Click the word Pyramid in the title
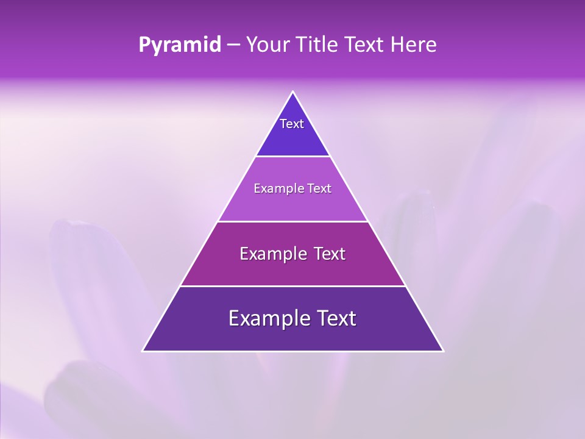[x=180, y=45]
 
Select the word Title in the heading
[x=319, y=45]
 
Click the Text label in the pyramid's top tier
[x=292, y=124]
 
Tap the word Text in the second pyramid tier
[x=319, y=189]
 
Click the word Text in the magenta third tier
[x=330, y=254]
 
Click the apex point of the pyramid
[x=293, y=92]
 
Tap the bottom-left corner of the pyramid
[x=143, y=351]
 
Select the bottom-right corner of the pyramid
[x=442, y=351]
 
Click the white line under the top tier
[x=293, y=157]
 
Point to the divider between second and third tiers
[x=293, y=221]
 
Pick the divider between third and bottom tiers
[x=293, y=286]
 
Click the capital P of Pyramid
[x=144, y=45]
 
